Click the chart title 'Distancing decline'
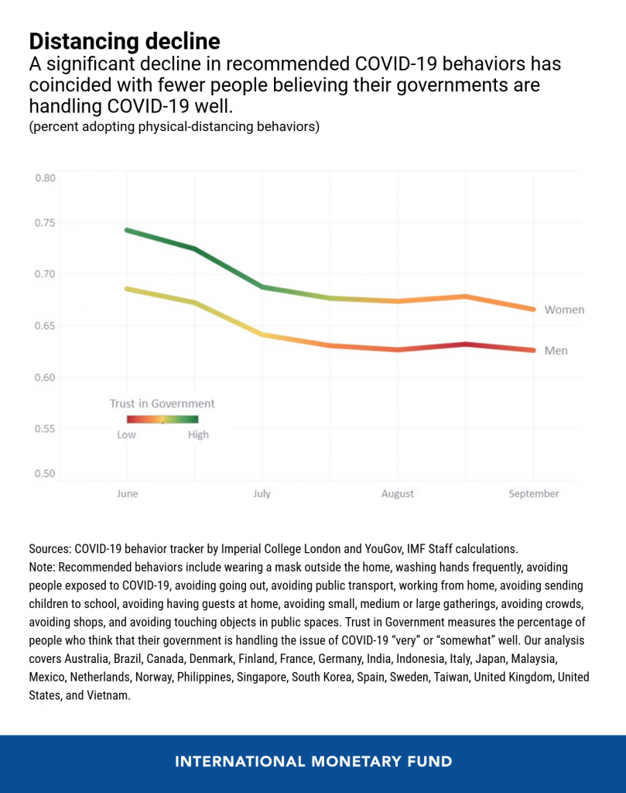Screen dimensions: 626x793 [125, 42]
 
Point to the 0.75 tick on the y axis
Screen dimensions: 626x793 [45, 223]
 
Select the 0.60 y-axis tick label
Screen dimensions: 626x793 [45, 378]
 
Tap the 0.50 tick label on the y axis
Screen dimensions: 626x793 [45, 474]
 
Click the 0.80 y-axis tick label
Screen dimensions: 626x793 [45, 178]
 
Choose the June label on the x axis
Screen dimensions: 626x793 [127, 493]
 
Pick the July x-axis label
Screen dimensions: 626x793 [262, 493]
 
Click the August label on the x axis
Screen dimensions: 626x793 [398, 493]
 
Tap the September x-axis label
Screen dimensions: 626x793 [534, 493]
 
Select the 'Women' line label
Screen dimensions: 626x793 [564, 310]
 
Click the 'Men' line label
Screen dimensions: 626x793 [556, 351]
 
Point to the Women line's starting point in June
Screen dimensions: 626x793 [127, 231]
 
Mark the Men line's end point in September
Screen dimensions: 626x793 [534, 350]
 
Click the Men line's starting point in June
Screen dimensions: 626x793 [127, 289]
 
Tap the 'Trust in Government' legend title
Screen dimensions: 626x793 [162, 403]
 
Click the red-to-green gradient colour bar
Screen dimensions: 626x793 [162, 419]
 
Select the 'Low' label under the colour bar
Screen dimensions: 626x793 [126, 435]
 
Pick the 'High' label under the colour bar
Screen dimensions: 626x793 [198, 435]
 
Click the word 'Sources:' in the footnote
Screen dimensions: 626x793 [50, 549]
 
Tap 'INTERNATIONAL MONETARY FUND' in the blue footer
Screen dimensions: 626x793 [313, 762]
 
